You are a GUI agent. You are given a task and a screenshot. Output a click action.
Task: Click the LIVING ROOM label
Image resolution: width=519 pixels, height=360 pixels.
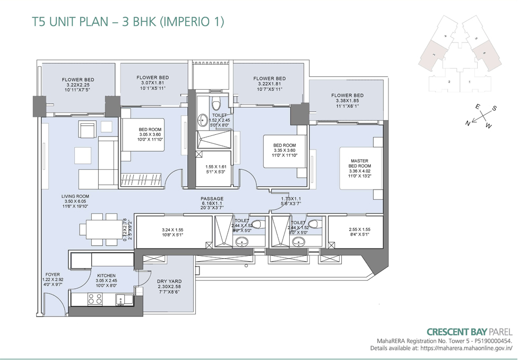tap(75, 196)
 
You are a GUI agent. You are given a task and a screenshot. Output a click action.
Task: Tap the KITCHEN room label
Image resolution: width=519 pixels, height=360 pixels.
tap(106, 276)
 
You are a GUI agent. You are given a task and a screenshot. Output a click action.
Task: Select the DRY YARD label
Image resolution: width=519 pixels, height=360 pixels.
tap(170, 282)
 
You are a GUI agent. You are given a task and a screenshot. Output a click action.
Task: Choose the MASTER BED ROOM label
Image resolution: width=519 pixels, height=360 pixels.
tap(359, 164)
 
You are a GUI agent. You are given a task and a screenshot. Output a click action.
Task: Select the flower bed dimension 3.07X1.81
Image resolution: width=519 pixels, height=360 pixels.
tap(153, 83)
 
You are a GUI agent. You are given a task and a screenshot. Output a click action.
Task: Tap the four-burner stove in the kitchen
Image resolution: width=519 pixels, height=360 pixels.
tap(94, 299)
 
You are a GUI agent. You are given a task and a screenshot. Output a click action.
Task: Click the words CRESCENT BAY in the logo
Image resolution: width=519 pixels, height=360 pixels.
tap(457, 331)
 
